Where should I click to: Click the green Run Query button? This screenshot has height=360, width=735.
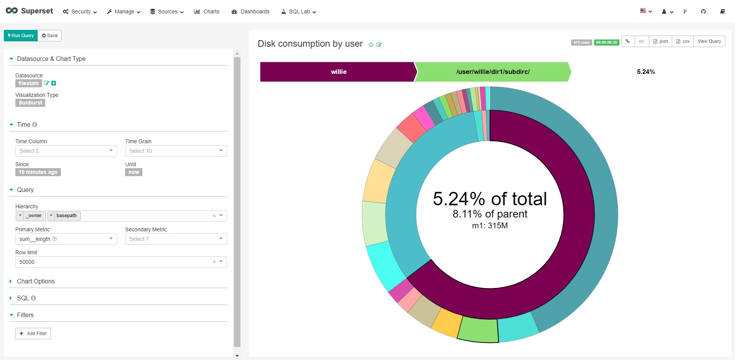point(21,36)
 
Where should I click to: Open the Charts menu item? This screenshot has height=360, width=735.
point(207,11)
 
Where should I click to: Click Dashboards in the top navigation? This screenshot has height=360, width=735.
point(251,11)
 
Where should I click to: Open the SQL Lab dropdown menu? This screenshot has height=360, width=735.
point(299,11)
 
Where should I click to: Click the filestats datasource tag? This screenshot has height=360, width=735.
point(29,83)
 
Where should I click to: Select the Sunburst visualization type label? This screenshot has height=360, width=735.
point(30,103)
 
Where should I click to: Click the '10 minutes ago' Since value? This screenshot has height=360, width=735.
point(38,172)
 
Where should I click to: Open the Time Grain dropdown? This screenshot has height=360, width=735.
point(176,151)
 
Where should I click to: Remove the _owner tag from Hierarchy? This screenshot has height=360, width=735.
point(20,216)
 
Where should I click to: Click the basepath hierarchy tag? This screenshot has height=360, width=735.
point(66,216)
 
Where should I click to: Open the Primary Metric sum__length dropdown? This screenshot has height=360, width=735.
point(66,239)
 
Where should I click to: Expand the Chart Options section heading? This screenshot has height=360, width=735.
point(36,281)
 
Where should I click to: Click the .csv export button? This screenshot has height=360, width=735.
point(683,41)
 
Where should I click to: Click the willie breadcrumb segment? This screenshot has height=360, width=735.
point(338,72)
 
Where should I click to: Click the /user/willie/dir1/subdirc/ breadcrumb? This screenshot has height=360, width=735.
point(493,72)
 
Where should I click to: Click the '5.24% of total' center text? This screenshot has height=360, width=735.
point(490,199)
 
